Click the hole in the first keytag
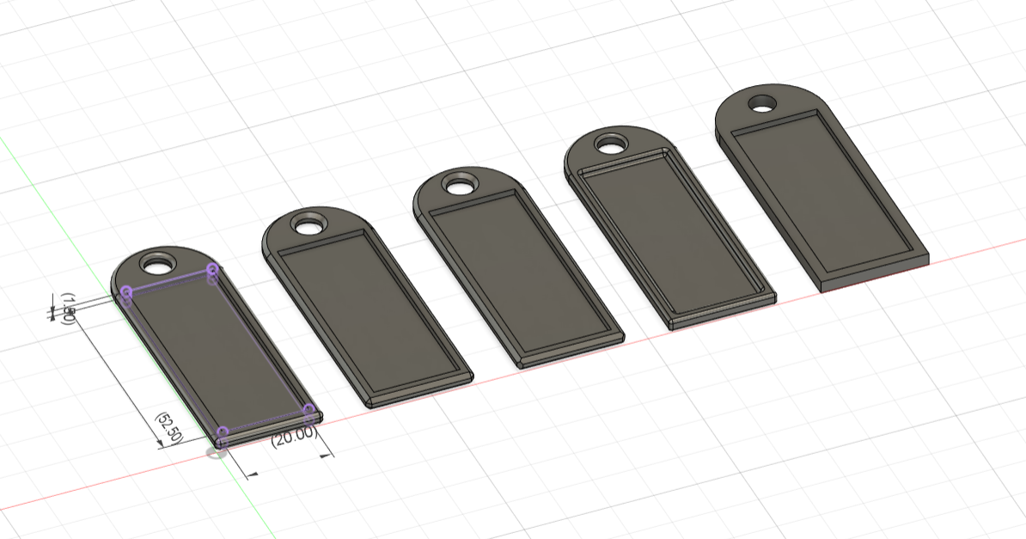pyautogui.click(x=157, y=261)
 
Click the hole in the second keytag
pyautogui.click(x=305, y=226)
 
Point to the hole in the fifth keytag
pyautogui.click(x=760, y=103)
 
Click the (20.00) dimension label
pyautogui.click(x=293, y=437)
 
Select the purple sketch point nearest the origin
pyautogui.click(x=223, y=432)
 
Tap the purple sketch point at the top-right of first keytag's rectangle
pyautogui.click(x=213, y=271)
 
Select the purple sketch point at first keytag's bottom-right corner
pyautogui.click(x=309, y=409)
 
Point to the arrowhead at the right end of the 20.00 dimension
pyautogui.click(x=326, y=456)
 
